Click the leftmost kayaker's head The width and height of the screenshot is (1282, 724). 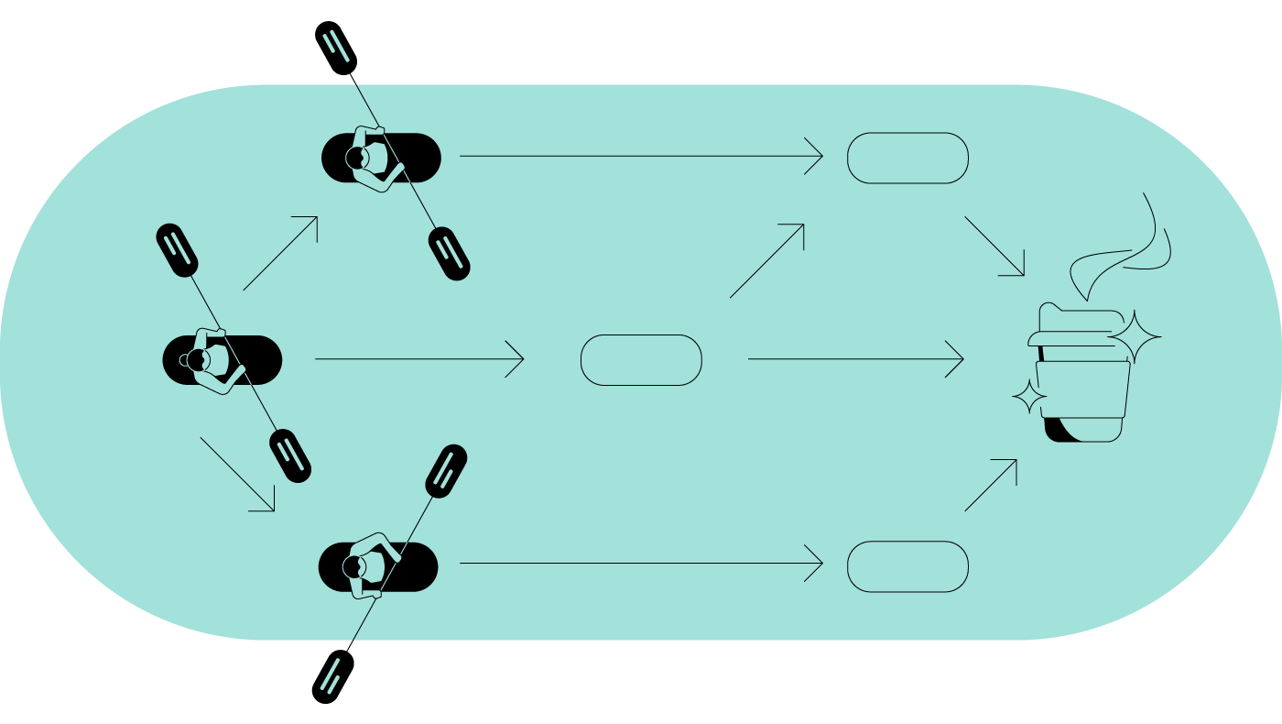196,359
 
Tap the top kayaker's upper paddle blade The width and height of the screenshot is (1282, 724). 335,48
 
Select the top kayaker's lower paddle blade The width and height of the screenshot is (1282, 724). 449,253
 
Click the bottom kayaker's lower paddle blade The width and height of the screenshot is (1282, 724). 332,676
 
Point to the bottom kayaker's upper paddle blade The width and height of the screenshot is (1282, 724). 446,471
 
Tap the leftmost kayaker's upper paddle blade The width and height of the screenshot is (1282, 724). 177,249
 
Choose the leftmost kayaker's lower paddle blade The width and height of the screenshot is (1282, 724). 290,455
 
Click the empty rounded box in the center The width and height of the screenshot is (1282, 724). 641,359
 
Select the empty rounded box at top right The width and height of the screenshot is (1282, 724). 907,158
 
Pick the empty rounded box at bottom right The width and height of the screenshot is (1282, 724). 907,566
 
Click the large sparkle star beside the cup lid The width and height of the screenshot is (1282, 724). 1135,337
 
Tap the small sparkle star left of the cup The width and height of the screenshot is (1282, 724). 1029,397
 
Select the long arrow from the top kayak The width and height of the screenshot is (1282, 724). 641,156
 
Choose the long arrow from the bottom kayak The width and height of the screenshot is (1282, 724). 641,563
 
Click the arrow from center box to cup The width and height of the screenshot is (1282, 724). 856,358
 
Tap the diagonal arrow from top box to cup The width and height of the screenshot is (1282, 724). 994,246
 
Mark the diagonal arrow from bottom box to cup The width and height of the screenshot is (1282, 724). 992,485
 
